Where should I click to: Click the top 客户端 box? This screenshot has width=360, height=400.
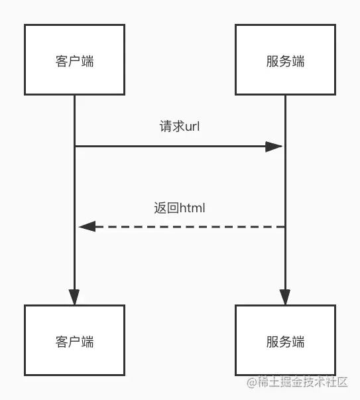pos(74,60)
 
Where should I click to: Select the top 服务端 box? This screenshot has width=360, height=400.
pos(285,60)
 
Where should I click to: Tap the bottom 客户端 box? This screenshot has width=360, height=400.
pos(74,340)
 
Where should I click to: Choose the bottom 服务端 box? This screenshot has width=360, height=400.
pos(285,340)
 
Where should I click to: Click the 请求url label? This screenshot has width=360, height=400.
pos(180,126)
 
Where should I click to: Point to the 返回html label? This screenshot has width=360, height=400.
pos(180,208)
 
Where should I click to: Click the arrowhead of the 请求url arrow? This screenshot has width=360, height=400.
pos(274,147)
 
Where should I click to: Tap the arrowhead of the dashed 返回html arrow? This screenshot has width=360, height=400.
pos(88,226)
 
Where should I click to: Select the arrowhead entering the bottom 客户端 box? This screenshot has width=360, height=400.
pos(74,297)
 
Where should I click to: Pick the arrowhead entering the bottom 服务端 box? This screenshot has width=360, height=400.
pos(285,297)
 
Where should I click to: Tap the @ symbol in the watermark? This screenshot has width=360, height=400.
pos(252,383)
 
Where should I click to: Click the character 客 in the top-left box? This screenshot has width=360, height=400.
pos(62,61)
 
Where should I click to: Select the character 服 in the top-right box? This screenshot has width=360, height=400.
pos(272,61)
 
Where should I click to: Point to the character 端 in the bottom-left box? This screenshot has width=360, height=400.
pos(88,342)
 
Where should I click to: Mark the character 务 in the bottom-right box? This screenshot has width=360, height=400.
pos(285,342)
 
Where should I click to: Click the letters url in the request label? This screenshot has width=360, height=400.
pos(192,127)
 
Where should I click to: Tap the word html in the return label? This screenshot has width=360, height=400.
pos(192,208)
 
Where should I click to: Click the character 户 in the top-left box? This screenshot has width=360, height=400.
pos(74,61)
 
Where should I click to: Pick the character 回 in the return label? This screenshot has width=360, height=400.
pos(173,208)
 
